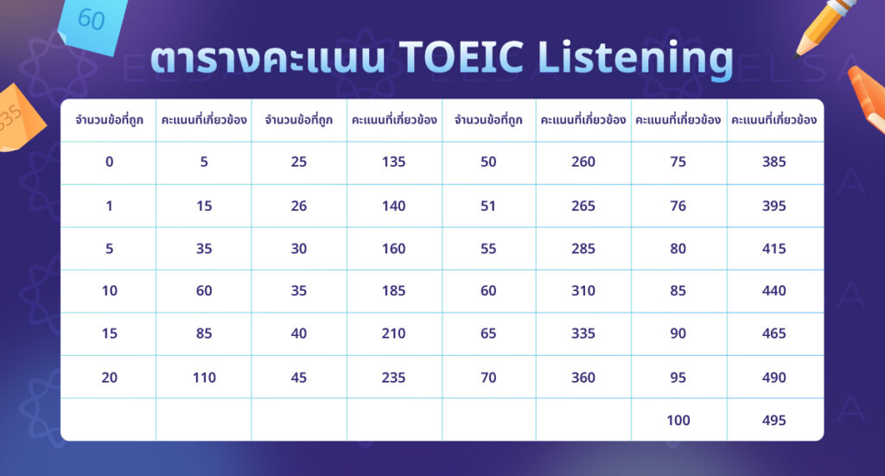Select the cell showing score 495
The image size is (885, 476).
click(x=774, y=420)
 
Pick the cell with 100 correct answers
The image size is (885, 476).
click(x=678, y=420)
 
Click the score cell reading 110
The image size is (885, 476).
click(x=204, y=378)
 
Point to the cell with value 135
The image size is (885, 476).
click(x=393, y=162)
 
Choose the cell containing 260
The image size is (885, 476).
click(x=583, y=162)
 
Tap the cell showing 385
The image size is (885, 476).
click(x=774, y=162)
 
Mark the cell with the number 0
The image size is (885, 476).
click(x=109, y=162)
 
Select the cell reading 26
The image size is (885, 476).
click(x=298, y=206)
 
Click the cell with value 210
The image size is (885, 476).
click(x=393, y=333)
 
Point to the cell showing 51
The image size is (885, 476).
click(x=488, y=206)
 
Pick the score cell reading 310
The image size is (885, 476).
click(x=583, y=291)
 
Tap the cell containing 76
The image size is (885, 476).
click(x=678, y=206)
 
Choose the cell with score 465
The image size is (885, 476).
click(x=774, y=333)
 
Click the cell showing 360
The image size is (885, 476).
click(x=583, y=378)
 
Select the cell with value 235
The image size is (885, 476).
click(x=393, y=378)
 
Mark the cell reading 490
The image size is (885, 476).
click(x=774, y=378)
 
